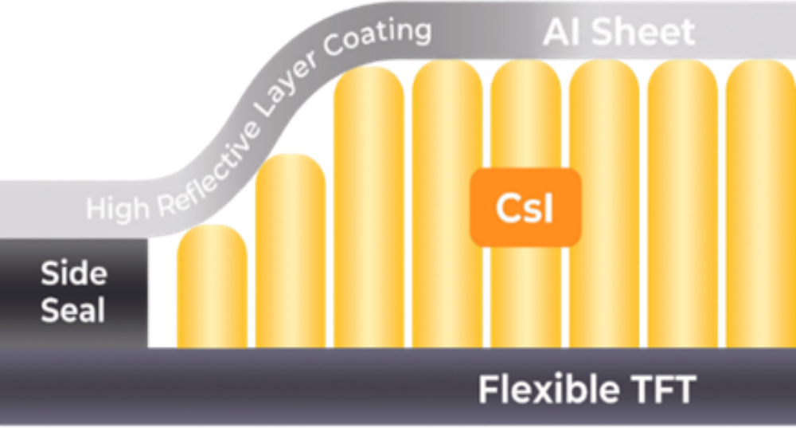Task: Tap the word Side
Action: click(73, 274)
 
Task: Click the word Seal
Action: click(73, 311)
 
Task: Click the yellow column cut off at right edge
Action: click(760, 207)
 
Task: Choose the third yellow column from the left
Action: click(369, 207)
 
